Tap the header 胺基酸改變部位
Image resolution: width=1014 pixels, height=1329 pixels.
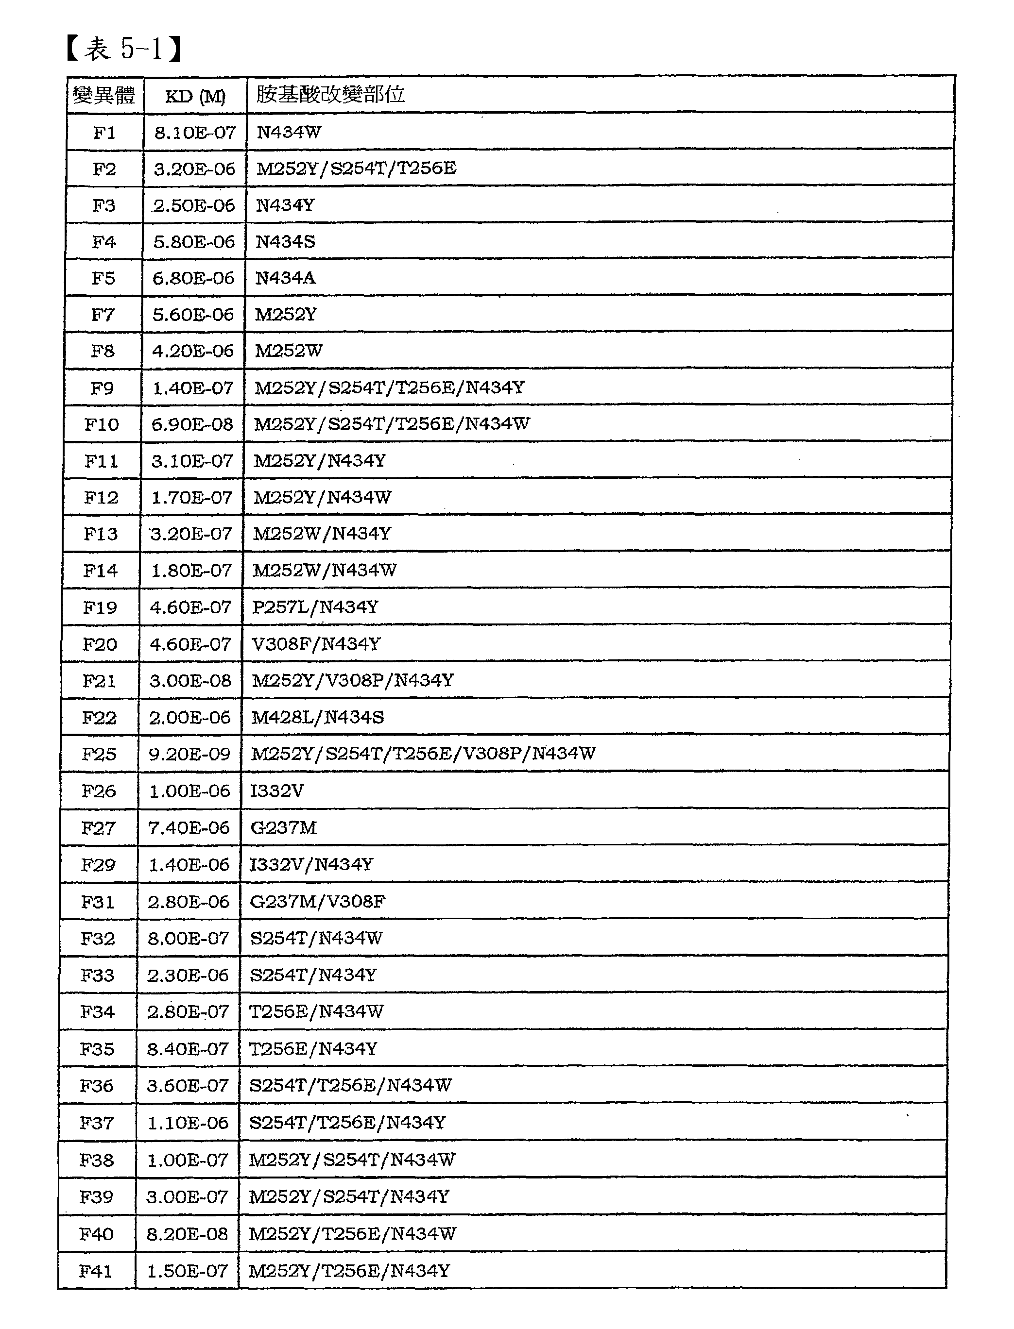330,95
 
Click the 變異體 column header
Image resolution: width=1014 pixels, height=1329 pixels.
104,95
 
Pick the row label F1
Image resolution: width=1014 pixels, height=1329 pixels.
104,132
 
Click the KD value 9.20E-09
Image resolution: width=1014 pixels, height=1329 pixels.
189,754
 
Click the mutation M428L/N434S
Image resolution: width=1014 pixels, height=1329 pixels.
317,717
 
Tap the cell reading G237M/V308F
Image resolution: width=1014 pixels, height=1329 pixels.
317,901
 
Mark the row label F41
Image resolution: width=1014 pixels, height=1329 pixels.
95,1272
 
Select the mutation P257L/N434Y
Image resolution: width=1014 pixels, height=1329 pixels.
315,607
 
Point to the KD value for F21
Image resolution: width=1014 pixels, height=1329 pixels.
190,680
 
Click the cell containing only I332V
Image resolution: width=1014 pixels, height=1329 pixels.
277,791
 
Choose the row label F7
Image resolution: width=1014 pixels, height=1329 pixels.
103,314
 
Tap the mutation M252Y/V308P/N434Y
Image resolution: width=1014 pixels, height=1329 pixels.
352,680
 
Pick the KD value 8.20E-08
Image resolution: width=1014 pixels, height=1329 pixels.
187,1234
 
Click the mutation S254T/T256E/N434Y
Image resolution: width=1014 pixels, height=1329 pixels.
347,1123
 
